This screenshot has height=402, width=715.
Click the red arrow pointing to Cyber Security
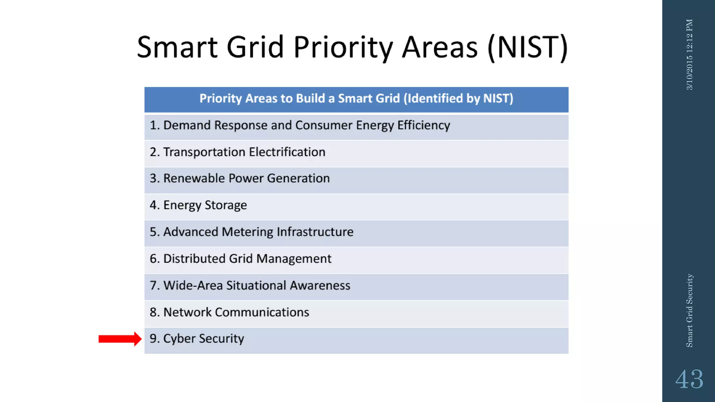click(120, 339)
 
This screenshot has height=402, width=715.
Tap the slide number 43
click(689, 379)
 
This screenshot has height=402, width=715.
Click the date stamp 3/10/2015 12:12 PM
click(689, 54)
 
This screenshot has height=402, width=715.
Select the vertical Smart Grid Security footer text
click(689, 310)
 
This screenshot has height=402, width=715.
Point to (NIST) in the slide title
click(528, 47)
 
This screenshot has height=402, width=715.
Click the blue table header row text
click(356, 99)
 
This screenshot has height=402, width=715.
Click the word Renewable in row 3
click(194, 178)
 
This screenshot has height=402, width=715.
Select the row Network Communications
click(229, 312)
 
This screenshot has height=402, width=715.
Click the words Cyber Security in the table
click(204, 339)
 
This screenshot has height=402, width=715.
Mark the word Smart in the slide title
click(177, 47)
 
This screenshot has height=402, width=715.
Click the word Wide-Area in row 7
click(193, 285)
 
